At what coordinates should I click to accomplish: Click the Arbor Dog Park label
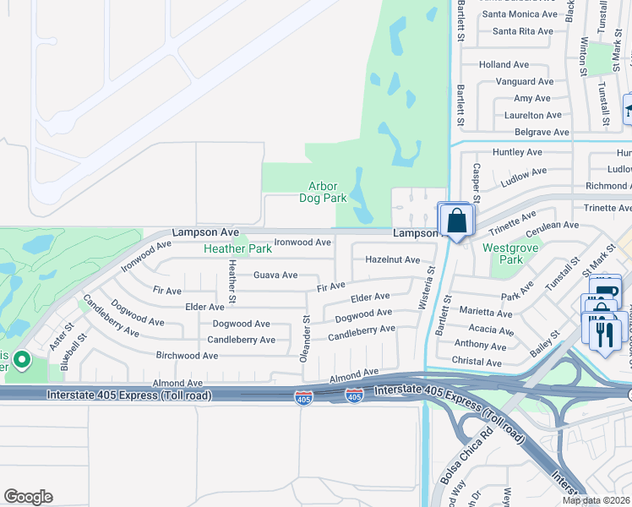pyautogui.click(x=323, y=192)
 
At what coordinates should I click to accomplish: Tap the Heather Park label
pyautogui.click(x=237, y=249)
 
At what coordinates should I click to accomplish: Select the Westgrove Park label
pyautogui.click(x=502, y=253)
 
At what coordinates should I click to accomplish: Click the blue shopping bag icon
pyautogui.click(x=456, y=221)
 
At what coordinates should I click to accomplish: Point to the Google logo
pyautogui.click(x=28, y=497)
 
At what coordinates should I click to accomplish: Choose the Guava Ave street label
pyautogui.click(x=275, y=275)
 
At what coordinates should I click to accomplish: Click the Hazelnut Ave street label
pyautogui.click(x=392, y=260)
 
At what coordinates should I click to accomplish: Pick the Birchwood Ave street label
pyautogui.click(x=187, y=356)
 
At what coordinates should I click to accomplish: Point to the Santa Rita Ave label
pyautogui.click(x=522, y=31)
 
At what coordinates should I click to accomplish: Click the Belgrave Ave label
pyautogui.click(x=542, y=133)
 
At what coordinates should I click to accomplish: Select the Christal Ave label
pyautogui.click(x=477, y=363)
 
